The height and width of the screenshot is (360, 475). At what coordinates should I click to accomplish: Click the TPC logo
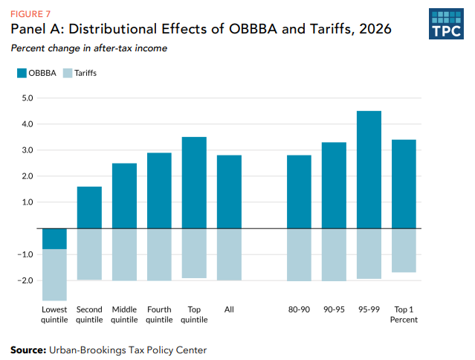point(445,24)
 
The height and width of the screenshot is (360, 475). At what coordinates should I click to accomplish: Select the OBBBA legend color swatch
point(21,73)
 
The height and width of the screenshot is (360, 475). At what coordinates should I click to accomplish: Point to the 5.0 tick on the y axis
point(28,97)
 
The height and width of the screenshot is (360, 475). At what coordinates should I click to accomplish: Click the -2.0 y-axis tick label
point(26,280)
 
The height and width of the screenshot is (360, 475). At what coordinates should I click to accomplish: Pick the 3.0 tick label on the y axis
point(28,150)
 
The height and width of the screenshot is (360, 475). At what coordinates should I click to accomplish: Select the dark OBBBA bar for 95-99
point(369,170)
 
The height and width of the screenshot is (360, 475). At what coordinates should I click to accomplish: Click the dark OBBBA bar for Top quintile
point(194,182)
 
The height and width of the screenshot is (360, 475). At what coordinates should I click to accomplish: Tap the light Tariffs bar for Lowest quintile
point(55,274)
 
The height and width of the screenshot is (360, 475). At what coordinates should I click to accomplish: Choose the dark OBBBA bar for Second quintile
point(89,208)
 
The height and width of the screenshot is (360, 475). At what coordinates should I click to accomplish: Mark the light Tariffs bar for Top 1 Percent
point(404,250)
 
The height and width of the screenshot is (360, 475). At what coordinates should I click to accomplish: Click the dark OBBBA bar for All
point(229,192)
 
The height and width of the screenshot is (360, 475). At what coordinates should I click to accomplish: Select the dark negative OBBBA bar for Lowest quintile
point(55,239)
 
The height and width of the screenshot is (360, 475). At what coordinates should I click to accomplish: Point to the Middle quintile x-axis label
point(124,315)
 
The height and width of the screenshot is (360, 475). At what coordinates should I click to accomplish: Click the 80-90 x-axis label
point(299,309)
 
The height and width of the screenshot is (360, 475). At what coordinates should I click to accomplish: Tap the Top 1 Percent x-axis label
point(404,315)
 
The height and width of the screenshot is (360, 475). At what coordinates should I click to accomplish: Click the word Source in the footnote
point(28,350)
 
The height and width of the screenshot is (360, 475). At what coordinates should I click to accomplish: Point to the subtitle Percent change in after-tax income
point(88,48)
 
